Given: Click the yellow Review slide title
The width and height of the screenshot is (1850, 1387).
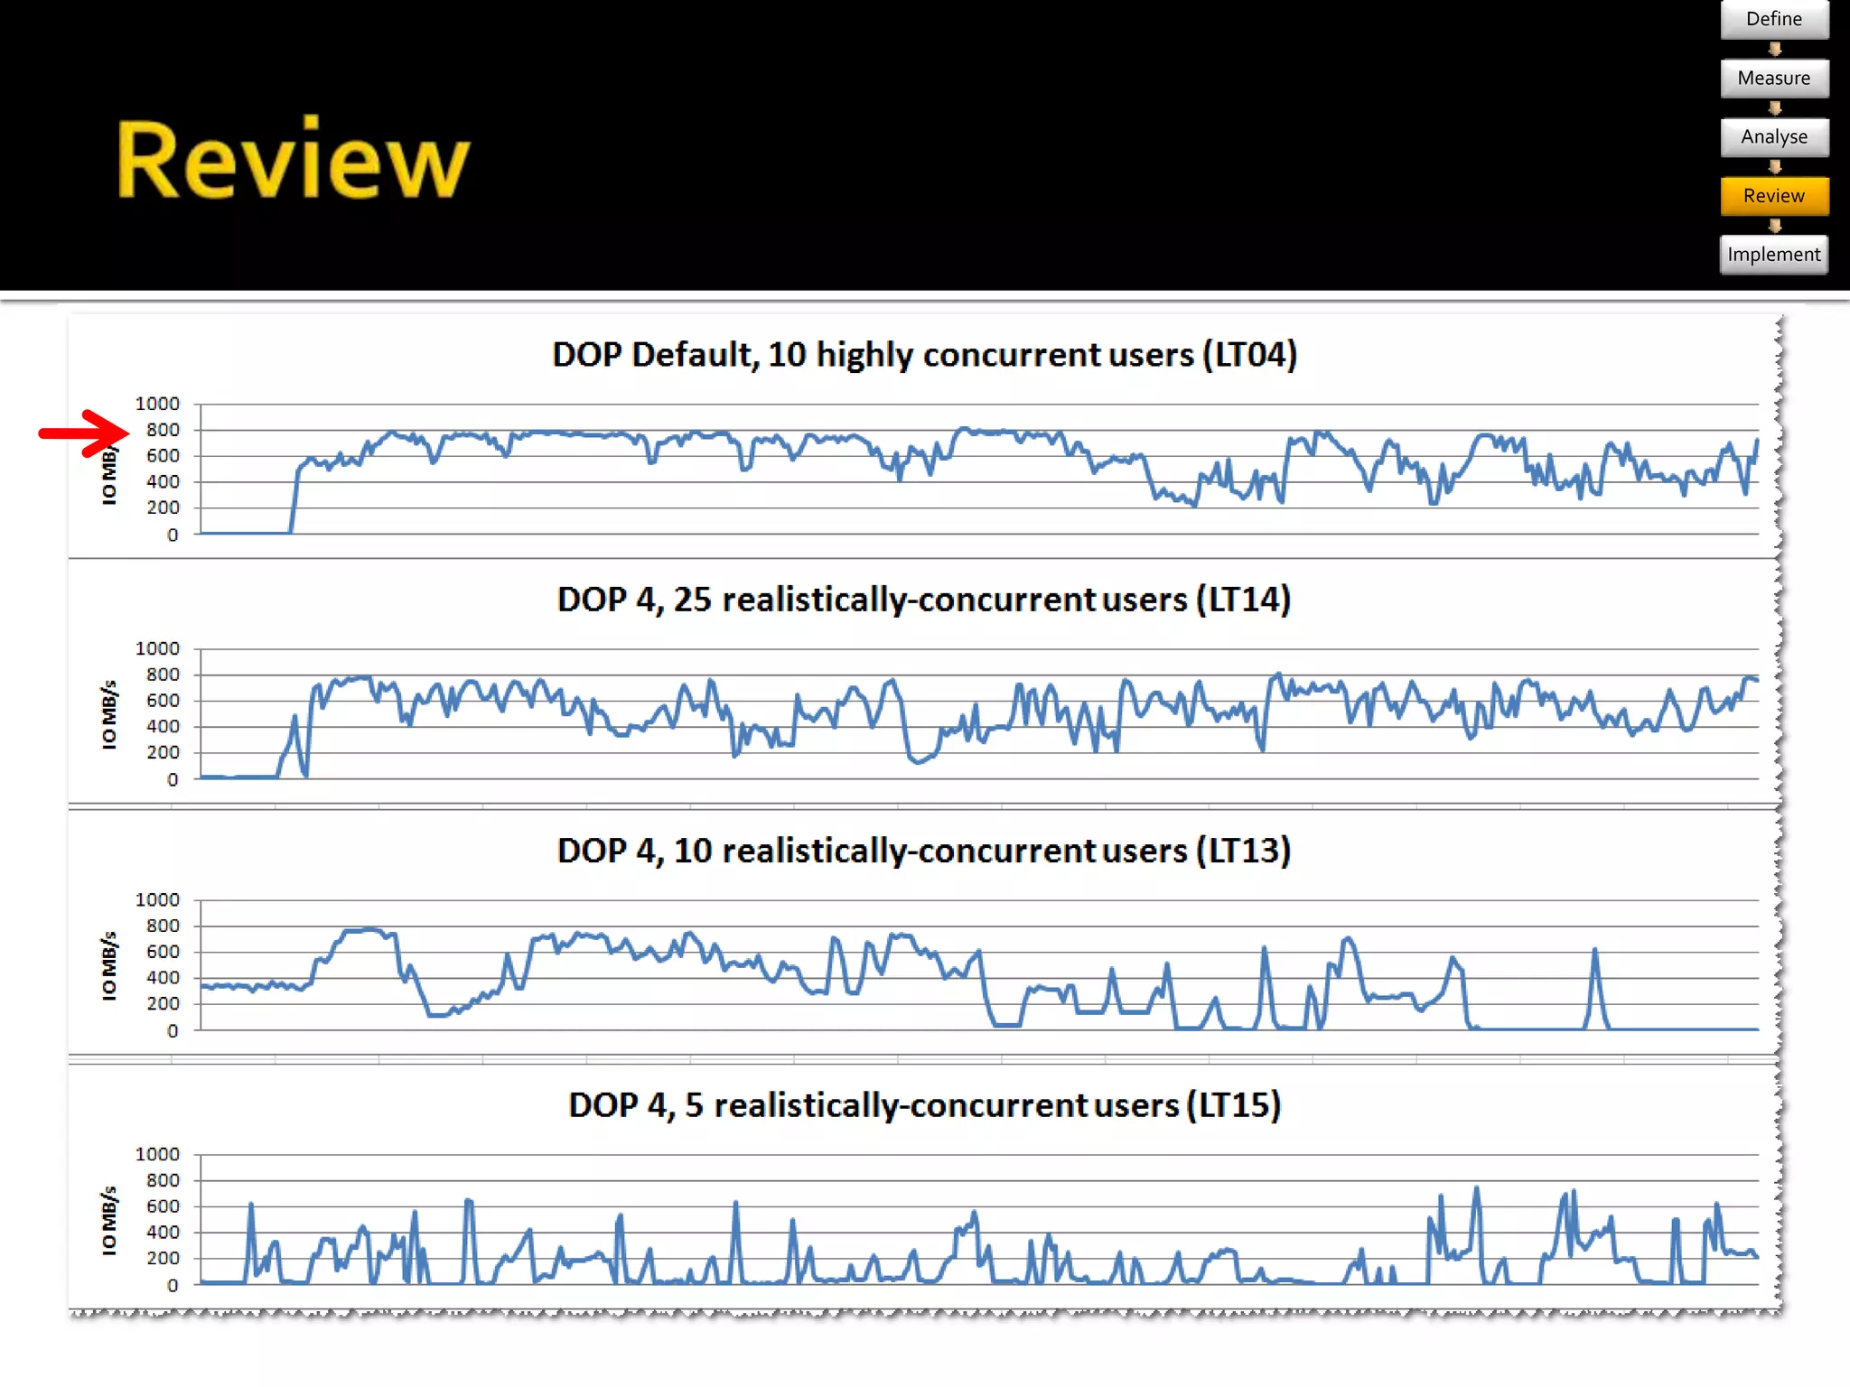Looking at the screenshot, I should pyautogui.click(x=293, y=160).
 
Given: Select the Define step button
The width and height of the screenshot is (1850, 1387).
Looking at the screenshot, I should pyautogui.click(x=1773, y=19).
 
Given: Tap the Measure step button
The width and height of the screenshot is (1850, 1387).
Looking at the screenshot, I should pyautogui.click(x=1773, y=79).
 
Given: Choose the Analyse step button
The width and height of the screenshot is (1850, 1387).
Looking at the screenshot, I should pyautogui.click(x=1773, y=137).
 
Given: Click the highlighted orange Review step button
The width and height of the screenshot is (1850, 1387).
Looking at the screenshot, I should pyautogui.click(x=1773, y=196).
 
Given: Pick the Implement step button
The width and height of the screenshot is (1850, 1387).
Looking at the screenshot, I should pyautogui.click(x=1773, y=255).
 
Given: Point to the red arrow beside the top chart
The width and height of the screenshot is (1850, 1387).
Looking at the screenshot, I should pyautogui.click(x=84, y=433).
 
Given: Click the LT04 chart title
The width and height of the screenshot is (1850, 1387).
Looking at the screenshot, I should pyautogui.click(x=924, y=355).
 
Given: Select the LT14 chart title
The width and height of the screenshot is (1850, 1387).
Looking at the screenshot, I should pyautogui.click(x=924, y=600).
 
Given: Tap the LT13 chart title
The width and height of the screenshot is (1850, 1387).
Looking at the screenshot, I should pyautogui.click(x=924, y=851).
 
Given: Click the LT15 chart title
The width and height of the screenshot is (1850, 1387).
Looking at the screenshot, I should pyautogui.click(x=924, y=1105).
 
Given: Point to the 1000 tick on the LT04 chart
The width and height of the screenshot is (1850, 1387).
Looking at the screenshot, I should pyautogui.click(x=157, y=404).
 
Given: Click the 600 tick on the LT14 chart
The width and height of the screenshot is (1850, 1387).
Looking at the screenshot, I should pyautogui.click(x=163, y=701).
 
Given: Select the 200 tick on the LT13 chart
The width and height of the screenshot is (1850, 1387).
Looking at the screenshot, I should pyautogui.click(x=163, y=1004).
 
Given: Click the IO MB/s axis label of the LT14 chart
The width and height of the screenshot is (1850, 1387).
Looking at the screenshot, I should pyautogui.click(x=109, y=714).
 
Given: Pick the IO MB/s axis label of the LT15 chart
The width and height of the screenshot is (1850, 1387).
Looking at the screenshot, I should pyautogui.click(x=109, y=1220).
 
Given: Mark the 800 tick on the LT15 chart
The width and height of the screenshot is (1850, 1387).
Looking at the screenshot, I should pyautogui.click(x=163, y=1181).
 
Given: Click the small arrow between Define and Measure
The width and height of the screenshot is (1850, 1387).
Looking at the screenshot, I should pyautogui.click(x=1774, y=49).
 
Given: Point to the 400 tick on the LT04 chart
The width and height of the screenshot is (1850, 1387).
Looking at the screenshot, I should pyautogui.click(x=163, y=482).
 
